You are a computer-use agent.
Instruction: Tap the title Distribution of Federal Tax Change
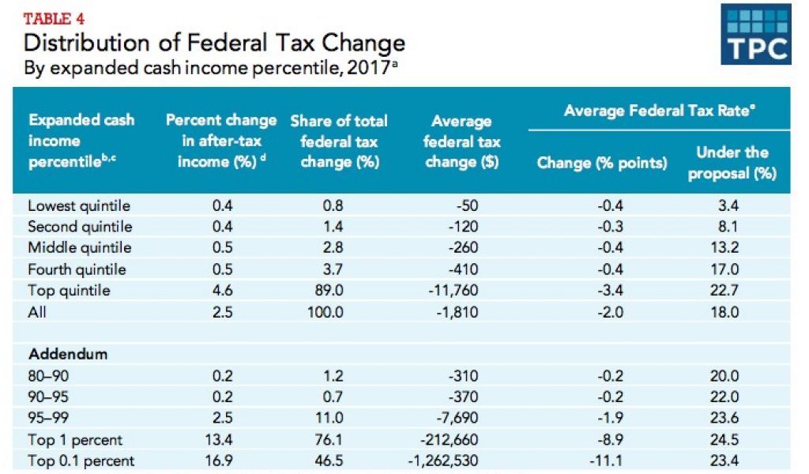click(x=215, y=43)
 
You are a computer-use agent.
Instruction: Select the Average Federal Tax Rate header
click(x=657, y=111)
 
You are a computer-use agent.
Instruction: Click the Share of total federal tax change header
click(x=339, y=141)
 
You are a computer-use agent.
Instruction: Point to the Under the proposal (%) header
click(x=732, y=162)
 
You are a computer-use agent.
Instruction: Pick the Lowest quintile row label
click(x=79, y=206)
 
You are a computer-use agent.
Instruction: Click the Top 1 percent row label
click(x=75, y=440)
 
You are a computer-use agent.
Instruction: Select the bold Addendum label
click(x=68, y=354)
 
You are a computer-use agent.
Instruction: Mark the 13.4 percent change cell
click(x=221, y=440)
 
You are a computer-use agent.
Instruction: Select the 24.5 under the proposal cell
click(x=724, y=440)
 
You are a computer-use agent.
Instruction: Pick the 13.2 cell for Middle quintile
click(x=724, y=248)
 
